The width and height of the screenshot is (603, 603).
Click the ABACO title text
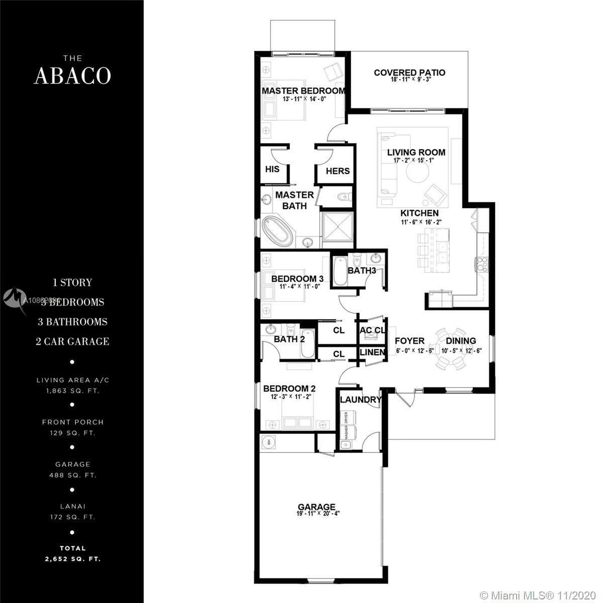[x=72, y=75]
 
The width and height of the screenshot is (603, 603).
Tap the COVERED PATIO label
[x=410, y=73]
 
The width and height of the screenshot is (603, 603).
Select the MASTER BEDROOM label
[x=304, y=91]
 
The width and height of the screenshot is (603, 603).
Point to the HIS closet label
[x=272, y=169]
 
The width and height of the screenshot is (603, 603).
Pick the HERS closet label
[x=337, y=171]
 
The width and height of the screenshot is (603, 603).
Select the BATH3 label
[x=362, y=271]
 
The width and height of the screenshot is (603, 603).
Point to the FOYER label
[x=410, y=341]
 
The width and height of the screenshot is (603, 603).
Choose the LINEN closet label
[x=372, y=352]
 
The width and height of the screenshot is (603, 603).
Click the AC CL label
[x=372, y=330]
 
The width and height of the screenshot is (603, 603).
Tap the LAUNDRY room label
[x=360, y=400]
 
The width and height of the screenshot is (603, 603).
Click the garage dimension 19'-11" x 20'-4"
[x=317, y=514]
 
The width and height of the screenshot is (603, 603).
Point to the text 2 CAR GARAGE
[x=72, y=342]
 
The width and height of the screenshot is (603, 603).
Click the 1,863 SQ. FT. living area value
[x=72, y=390]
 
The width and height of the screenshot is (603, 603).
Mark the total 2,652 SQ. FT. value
[x=72, y=559]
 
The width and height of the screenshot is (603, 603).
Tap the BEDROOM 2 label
[x=289, y=388]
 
